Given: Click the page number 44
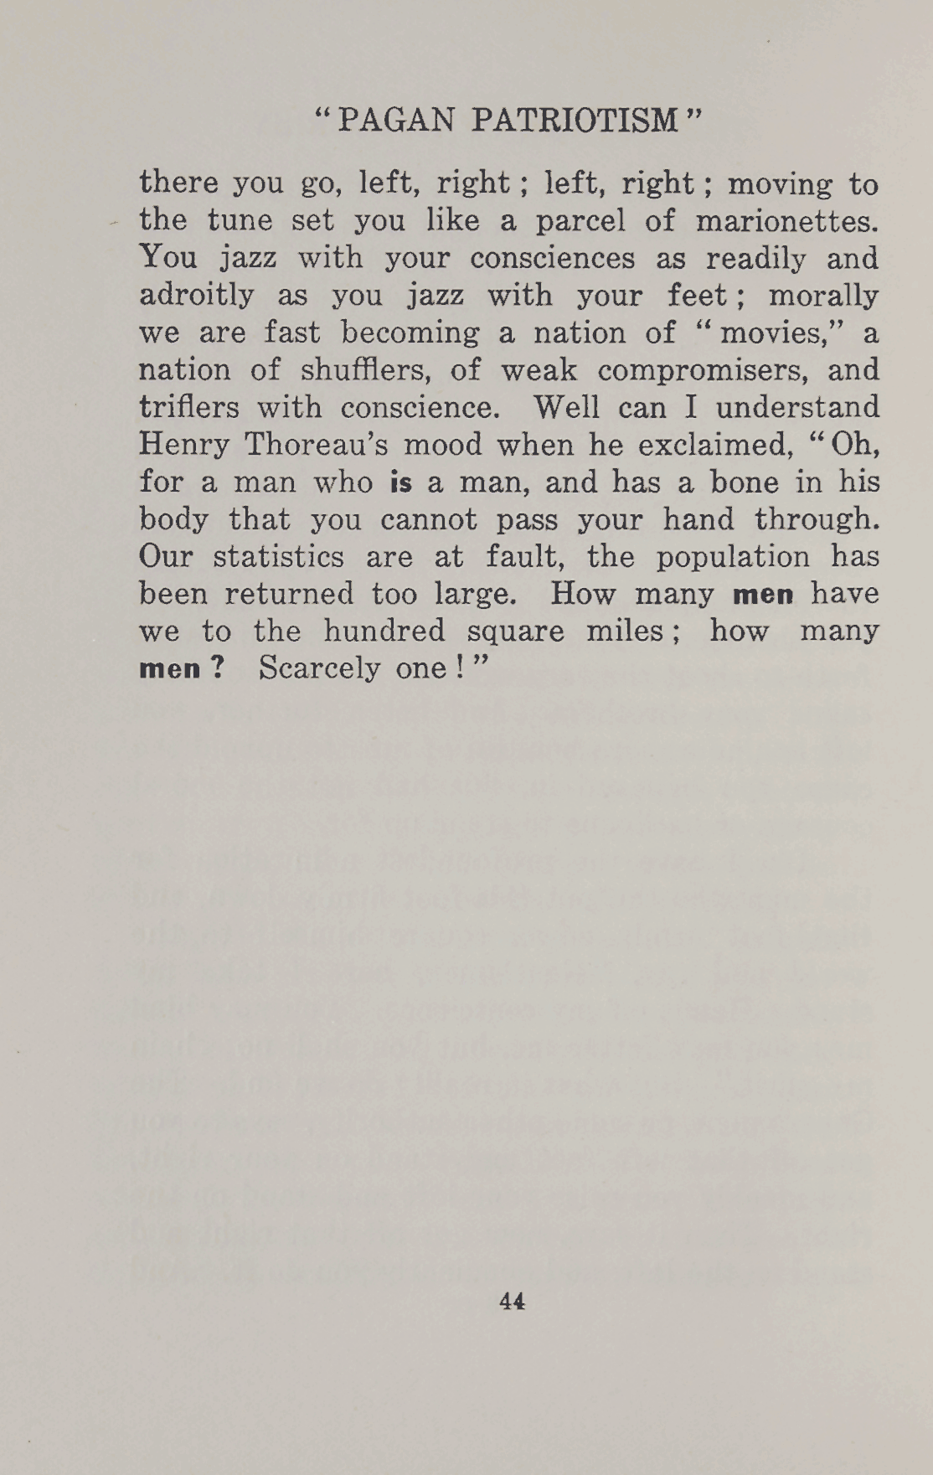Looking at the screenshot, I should coord(512,1301).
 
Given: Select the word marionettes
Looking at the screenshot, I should coord(786,220).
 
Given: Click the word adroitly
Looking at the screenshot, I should coord(196,296).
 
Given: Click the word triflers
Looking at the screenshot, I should coord(189,408).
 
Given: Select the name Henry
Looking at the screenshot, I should coord(183,445).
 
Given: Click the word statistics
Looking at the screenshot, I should coord(278,557).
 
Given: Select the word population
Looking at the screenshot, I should coord(733,557).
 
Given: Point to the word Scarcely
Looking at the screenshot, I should coord(319,669).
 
